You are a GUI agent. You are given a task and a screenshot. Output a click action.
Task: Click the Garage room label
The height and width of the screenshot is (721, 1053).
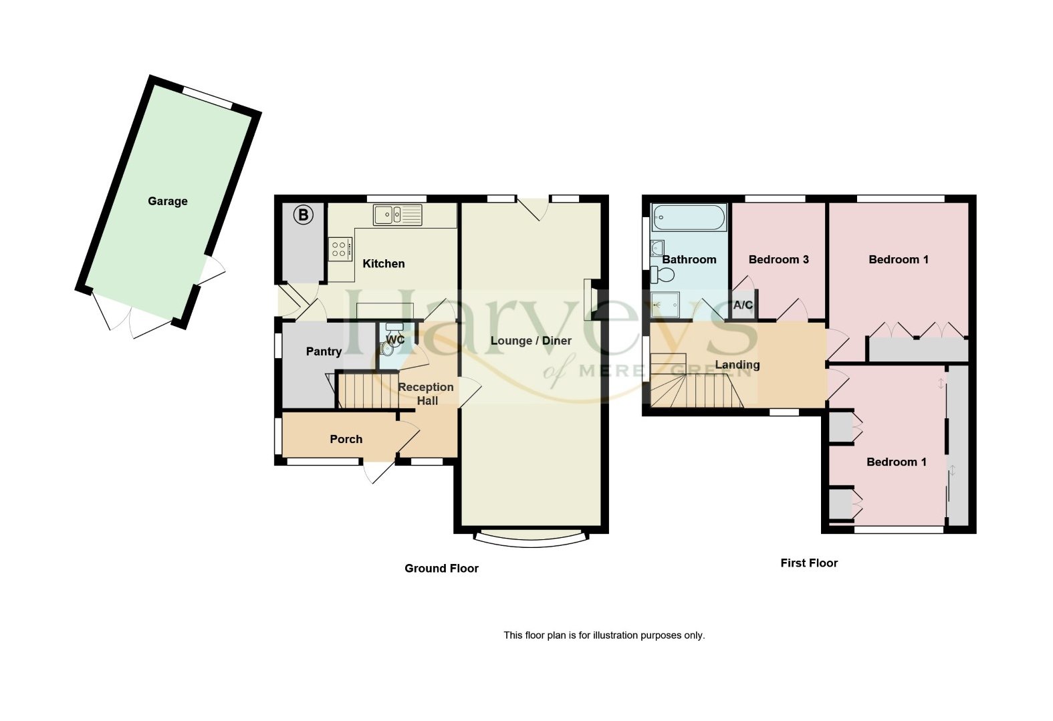(x=167, y=201)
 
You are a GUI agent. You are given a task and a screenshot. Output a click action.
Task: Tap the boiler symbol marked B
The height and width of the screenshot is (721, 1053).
(x=304, y=215)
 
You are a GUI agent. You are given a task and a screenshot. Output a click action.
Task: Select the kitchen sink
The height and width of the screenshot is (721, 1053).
(x=398, y=215)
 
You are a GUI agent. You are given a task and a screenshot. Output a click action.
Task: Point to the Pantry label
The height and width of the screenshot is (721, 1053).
(x=324, y=351)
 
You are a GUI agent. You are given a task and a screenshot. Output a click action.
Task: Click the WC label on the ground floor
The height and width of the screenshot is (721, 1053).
(x=395, y=339)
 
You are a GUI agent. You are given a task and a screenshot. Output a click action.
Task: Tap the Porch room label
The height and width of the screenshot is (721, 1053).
(x=346, y=439)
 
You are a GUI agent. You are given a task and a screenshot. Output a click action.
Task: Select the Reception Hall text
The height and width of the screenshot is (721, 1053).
(x=426, y=394)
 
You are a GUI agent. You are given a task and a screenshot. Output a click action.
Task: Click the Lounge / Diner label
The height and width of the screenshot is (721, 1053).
(x=531, y=341)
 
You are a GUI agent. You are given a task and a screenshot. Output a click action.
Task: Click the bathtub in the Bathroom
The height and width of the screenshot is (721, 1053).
(x=689, y=217)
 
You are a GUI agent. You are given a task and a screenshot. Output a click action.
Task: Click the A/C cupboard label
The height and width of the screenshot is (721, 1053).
(x=743, y=305)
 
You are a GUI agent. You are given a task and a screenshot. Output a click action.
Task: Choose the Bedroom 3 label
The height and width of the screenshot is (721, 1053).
(x=778, y=259)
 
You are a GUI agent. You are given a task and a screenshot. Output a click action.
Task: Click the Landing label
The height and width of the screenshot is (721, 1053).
(x=737, y=364)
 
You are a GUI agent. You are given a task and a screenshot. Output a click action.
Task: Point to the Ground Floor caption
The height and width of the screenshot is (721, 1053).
(x=441, y=569)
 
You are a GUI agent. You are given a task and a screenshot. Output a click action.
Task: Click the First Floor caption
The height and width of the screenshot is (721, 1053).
(x=809, y=563)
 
